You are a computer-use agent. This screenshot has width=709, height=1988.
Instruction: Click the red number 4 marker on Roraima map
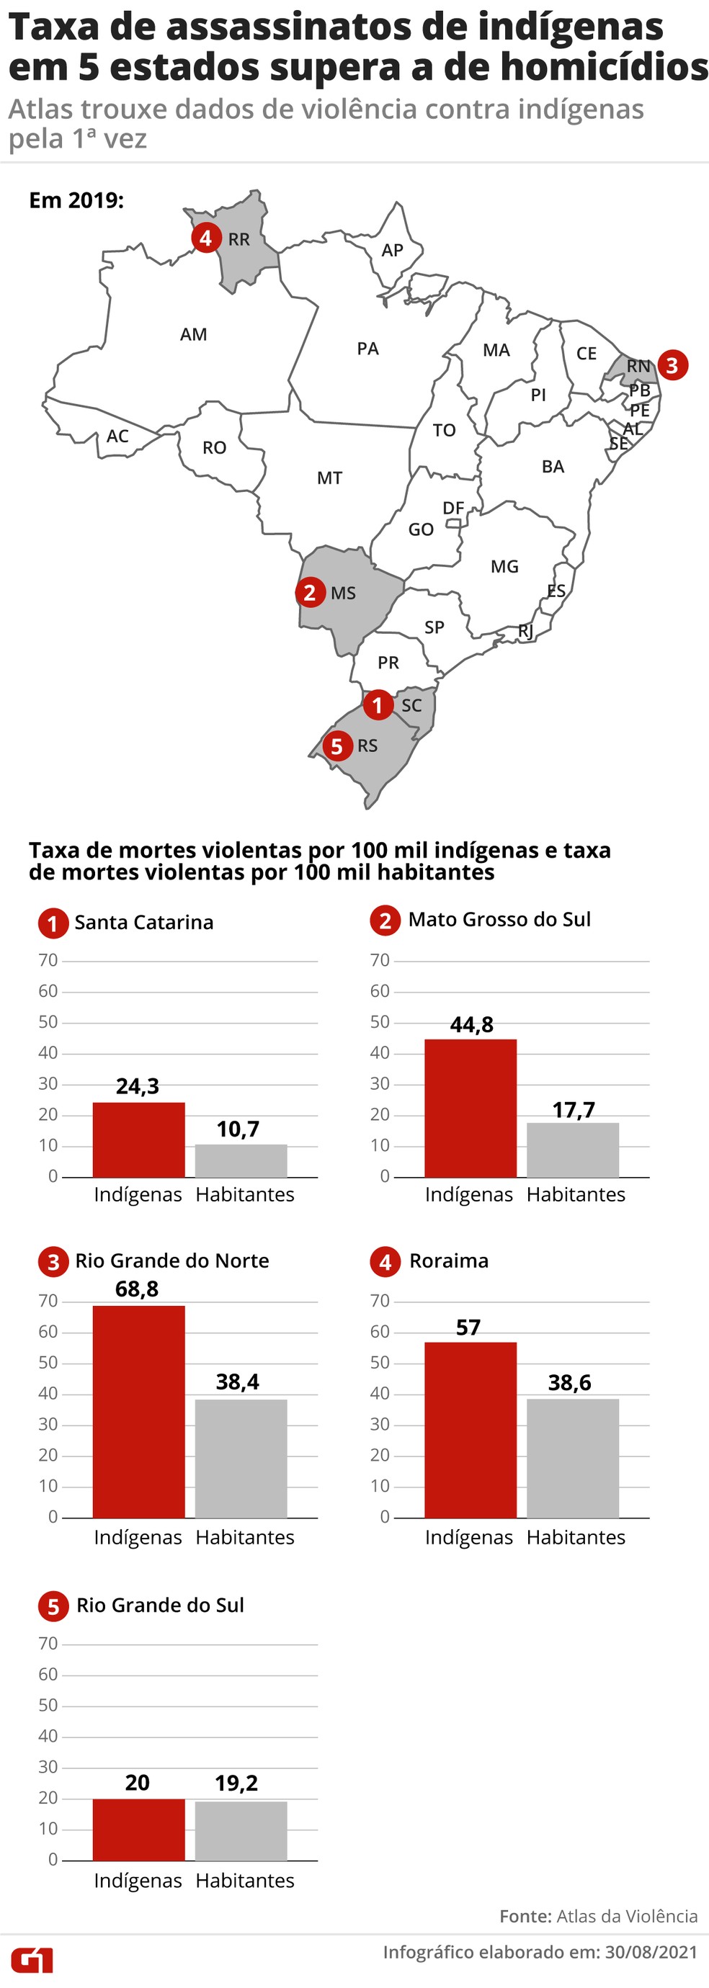(x=205, y=238)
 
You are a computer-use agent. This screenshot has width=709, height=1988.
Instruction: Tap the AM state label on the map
(x=193, y=334)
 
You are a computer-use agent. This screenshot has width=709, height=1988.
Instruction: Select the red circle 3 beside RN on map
(x=672, y=365)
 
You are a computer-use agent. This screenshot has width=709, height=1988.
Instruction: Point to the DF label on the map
(x=453, y=508)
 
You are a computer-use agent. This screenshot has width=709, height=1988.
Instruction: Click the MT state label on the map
(x=330, y=478)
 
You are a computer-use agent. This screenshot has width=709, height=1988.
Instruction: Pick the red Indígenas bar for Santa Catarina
(x=138, y=1139)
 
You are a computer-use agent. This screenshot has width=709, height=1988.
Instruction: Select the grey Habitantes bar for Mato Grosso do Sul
(x=572, y=1150)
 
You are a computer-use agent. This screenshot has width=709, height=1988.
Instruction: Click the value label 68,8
(x=137, y=1289)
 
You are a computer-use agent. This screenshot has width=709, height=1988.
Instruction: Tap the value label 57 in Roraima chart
(x=468, y=1327)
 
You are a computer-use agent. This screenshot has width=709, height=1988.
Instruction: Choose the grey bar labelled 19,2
(x=240, y=1830)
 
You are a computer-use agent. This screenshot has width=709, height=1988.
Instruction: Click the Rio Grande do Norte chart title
(x=171, y=1261)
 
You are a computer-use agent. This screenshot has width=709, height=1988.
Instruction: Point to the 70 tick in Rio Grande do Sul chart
(x=48, y=1643)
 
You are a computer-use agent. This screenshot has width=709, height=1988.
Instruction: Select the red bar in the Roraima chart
(x=470, y=1429)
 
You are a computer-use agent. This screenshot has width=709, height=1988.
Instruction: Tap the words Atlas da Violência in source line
(x=626, y=1916)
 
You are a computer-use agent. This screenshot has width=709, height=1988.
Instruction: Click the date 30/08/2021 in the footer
(x=651, y=1953)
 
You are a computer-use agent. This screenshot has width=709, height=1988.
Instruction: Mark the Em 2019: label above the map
(x=76, y=201)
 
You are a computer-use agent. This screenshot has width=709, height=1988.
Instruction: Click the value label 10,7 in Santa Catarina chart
(x=238, y=1129)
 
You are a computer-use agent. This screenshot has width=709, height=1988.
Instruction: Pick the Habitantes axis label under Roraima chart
(x=576, y=1536)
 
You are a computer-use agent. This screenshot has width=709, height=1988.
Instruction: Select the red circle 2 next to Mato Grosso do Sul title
(x=385, y=920)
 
